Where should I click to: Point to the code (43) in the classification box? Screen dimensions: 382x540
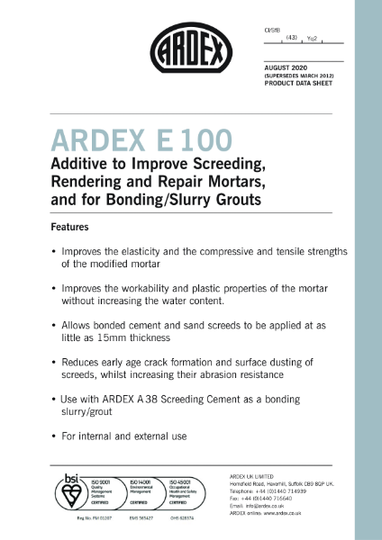click(290, 39)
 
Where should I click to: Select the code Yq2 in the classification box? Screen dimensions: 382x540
click(312, 39)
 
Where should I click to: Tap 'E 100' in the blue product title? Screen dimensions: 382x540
click(194, 141)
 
